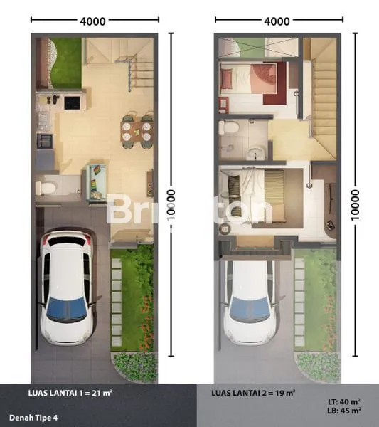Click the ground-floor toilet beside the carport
coord(46,188)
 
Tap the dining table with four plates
coord(137,131)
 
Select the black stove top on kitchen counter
coord(72,102)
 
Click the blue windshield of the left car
coord(67,309)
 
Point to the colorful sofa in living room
coord(97,182)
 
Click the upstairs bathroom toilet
coord(229,127)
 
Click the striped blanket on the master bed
coord(274,196)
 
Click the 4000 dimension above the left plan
coord(92,21)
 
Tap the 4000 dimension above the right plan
coord(277,21)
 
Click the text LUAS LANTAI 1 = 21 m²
coord(70,393)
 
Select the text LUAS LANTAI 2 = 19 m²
coord(254,393)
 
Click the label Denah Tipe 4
coord(33,418)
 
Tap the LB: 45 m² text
coord(344,411)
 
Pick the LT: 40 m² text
coord(344,402)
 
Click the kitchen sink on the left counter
coord(44,141)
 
